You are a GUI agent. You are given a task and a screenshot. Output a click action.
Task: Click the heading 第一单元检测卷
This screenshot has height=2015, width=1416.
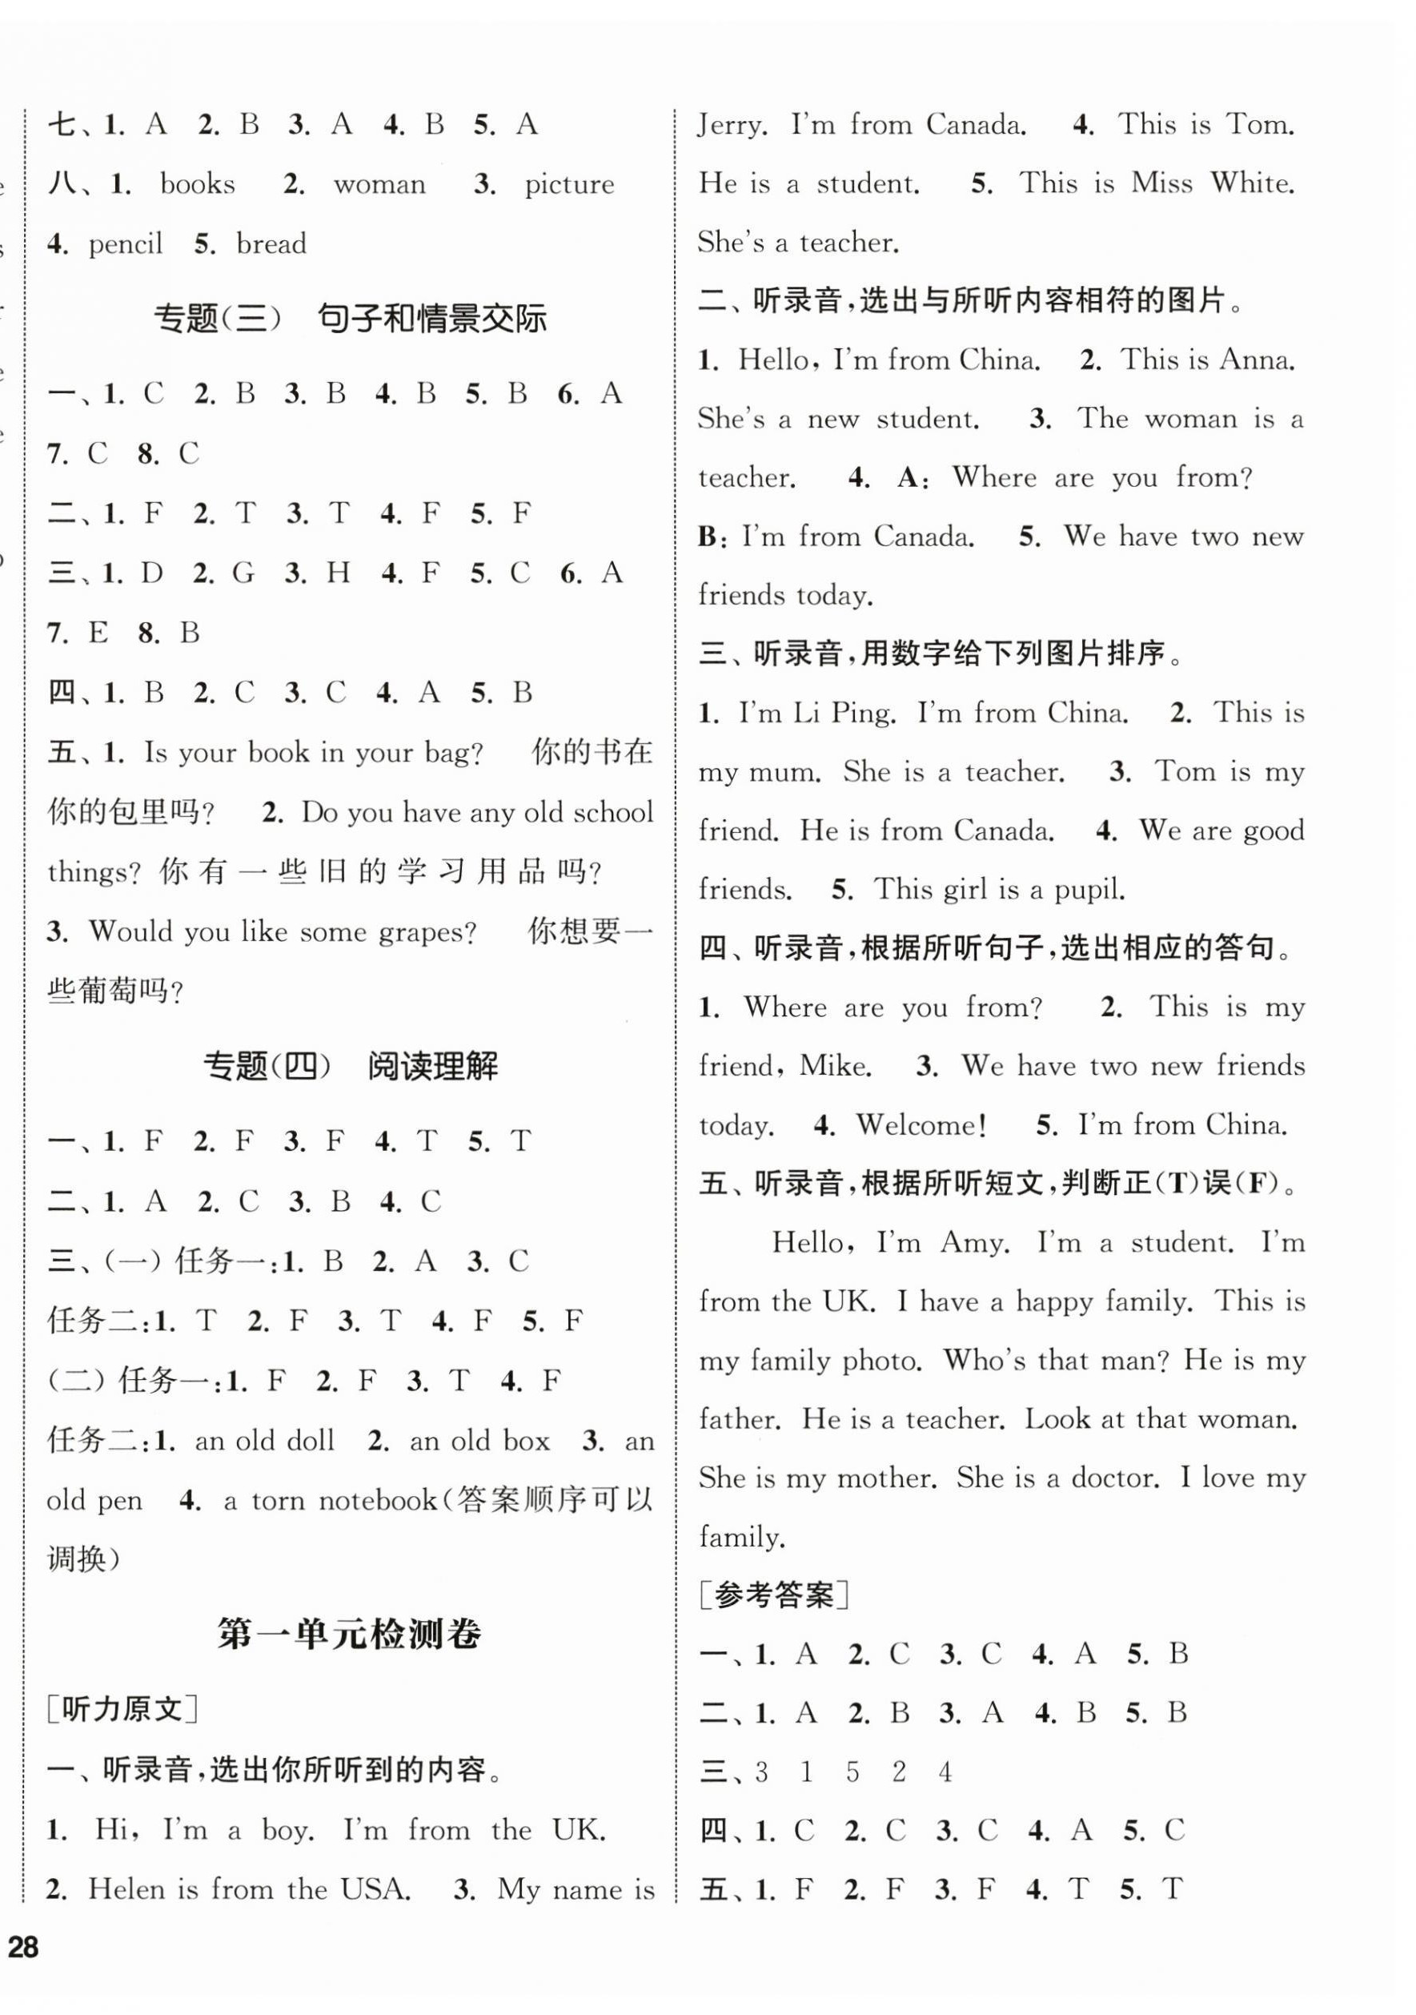click(x=349, y=1634)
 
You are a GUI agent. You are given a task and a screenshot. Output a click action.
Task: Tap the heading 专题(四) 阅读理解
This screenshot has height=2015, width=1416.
click(x=350, y=1066)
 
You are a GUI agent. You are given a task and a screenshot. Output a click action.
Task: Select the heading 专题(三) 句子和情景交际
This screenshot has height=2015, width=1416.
click(x=350, y=318)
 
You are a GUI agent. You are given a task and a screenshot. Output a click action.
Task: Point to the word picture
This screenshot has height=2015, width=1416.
click(x=568, y=184)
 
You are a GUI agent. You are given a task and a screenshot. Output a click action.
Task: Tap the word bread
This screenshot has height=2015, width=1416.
click(x=271, y=244)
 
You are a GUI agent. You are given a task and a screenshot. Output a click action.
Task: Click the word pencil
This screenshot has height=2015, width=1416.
click(x=126, y=244)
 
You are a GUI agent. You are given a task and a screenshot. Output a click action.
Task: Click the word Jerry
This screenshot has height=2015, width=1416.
click(x=732, y=126)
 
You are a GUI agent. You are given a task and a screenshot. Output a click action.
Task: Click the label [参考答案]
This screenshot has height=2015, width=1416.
click(x=774, y=1595)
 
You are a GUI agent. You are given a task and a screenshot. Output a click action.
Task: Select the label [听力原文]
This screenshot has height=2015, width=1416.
click(x=122, y=1709)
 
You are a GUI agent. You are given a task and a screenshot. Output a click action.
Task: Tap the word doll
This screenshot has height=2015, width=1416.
click(x=307, y=1440)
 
